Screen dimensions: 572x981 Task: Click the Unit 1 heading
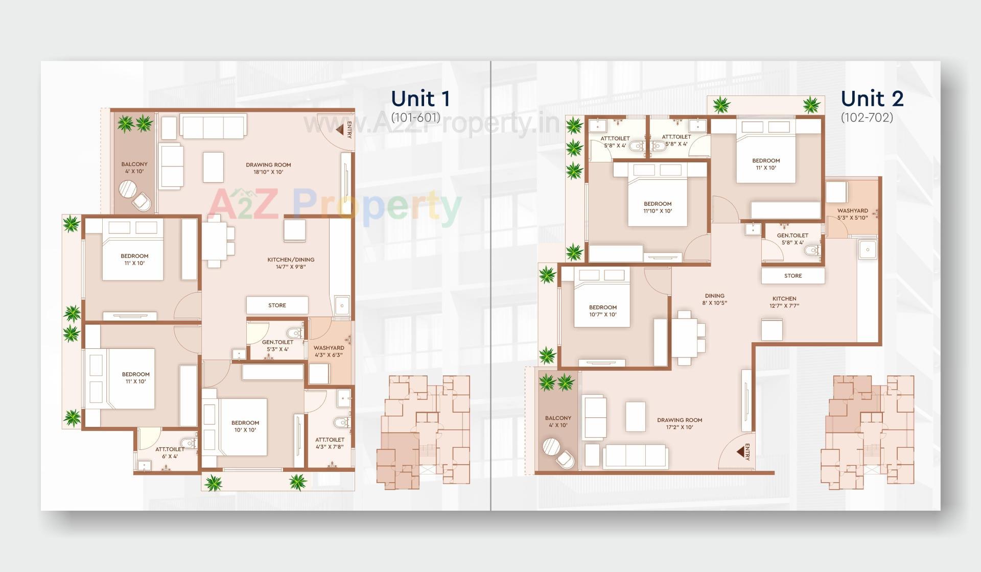point(420,99)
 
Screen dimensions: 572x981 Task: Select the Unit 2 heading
point(872,99)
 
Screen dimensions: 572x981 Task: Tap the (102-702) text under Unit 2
point(867,117)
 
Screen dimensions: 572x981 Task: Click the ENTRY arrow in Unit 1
point(339,130)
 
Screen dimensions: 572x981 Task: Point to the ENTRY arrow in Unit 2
point(739,452)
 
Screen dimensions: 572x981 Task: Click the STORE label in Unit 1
point(277,305)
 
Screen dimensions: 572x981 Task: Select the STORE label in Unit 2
point(793,276)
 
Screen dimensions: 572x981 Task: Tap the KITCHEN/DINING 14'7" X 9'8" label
point(291,263)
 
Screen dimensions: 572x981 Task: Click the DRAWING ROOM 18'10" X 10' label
point(268,169)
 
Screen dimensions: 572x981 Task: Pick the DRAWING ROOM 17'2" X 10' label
point(680,423)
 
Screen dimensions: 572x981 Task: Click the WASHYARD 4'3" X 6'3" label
point(329,351)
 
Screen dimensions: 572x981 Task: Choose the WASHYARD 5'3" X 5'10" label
point(852,214)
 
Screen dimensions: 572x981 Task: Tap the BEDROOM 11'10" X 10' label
point(658,207)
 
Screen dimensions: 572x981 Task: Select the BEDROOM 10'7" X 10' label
point(603,311)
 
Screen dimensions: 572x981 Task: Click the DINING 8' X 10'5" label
point(714,299)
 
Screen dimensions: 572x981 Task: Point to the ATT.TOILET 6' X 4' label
point(170,453)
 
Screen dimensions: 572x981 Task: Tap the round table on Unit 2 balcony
point(552,447)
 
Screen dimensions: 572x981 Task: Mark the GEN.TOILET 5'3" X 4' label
point(277,346)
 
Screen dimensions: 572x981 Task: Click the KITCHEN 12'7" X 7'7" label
point(784,302)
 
